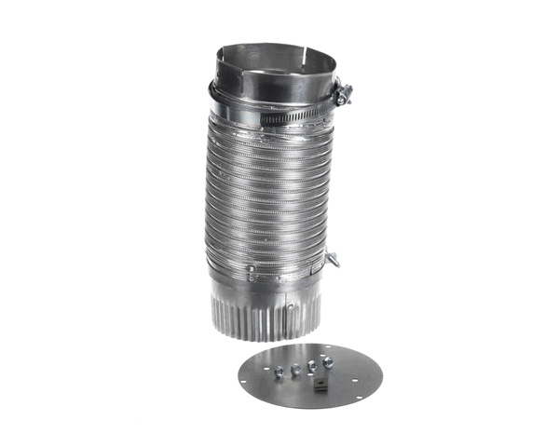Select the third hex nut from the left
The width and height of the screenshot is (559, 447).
click(x=311, y=364)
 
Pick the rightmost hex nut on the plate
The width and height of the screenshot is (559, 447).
click(x=327, y=360)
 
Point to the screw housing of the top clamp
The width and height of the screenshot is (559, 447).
click(x=342, y=92)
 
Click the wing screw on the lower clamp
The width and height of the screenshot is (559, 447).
click(x=333, y=259)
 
